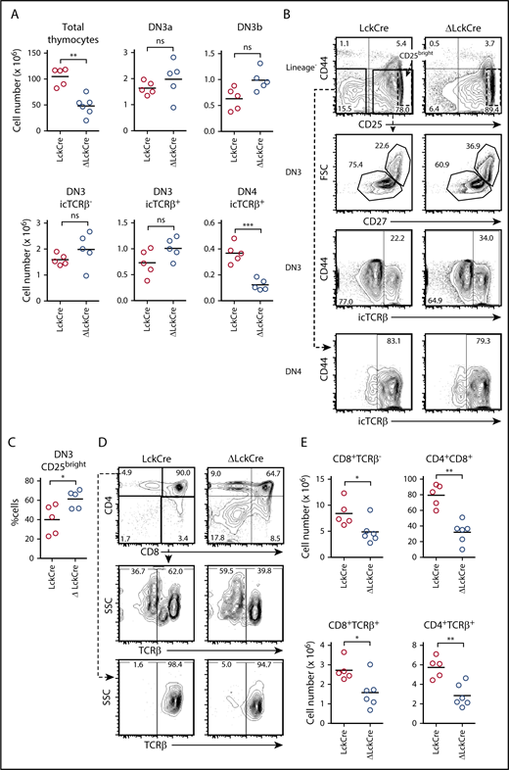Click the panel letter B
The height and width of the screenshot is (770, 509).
pos(318,10)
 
